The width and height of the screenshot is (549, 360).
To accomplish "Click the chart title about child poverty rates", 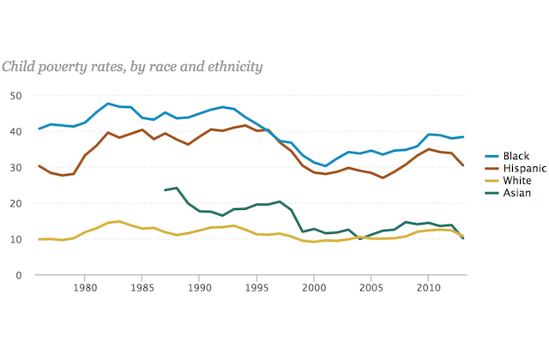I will (x=132, y=66).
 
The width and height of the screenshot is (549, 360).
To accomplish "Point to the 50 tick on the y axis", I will (x=15, y=95).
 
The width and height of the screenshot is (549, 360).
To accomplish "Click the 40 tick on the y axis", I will (x=15, y=131).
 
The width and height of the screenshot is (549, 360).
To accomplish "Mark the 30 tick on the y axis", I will (x=15, y=167).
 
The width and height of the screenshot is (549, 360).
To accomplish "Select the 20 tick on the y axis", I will (x=15, y=203).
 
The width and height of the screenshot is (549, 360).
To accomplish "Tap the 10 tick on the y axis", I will (x=15, y=239).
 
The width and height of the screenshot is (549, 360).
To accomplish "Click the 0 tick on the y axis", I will (x=19, y=275).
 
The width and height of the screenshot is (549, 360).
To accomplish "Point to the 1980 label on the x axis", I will (x=84, y=290).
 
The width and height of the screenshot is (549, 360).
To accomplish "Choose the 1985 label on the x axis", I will (x=142, y=290).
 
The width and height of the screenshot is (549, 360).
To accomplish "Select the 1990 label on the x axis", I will (x=199, y=290).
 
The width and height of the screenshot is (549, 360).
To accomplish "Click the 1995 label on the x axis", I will (x=256, y=290).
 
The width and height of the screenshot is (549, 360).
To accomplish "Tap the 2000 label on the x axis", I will (x=314, y=290).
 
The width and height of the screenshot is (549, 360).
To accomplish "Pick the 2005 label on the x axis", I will (x=371, y=290).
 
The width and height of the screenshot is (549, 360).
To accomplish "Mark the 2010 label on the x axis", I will (x=429, y=290).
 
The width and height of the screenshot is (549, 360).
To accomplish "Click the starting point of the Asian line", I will (x=165, y=190).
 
